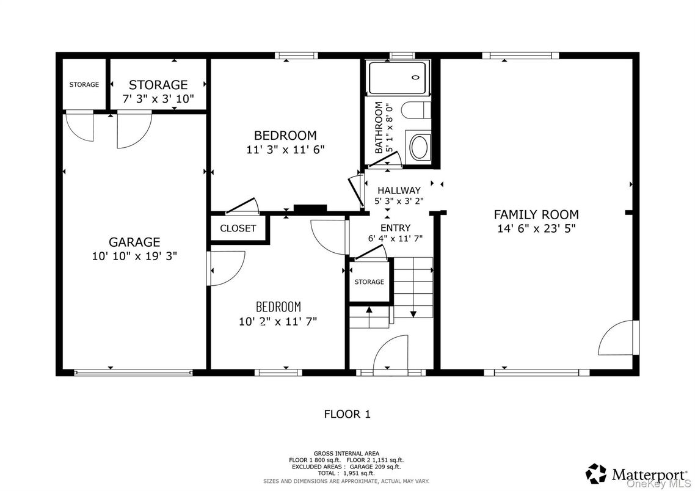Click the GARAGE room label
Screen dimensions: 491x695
[x=134, y=242]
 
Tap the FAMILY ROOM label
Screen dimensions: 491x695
[x=536, y=214]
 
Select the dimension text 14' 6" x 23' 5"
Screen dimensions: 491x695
[x=536, y=228]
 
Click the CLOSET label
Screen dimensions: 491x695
[x=238, y=228]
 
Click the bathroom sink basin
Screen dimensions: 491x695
[x=419, y=147]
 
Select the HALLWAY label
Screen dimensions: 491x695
[x=399, y=191]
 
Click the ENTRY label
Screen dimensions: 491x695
[x=395, y=228]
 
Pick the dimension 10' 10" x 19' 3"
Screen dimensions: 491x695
[x=134, y=256]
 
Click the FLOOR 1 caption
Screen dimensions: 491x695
[x=347, y=414]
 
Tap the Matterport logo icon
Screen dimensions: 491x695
[x=596, y=473]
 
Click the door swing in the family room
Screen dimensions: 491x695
[x=617, y=338]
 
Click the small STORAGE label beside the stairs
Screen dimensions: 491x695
[x=369, y=282]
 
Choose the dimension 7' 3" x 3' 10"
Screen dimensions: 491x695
[x=158, y=98]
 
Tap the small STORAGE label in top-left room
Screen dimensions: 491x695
[x=84, y=84]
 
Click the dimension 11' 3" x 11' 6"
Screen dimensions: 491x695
[x=285, y=149]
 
